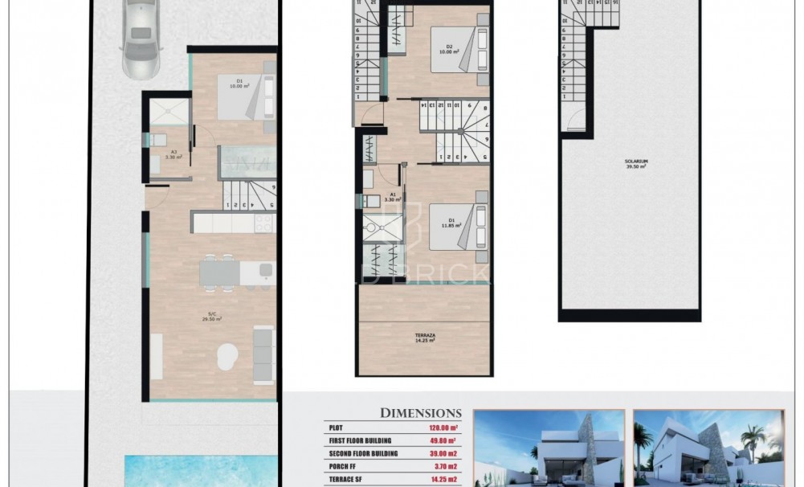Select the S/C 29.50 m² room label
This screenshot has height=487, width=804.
[x=212, y=317]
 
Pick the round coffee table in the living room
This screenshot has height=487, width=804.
[x=227, y=352]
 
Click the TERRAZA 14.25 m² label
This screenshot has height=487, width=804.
[x=424, y=338]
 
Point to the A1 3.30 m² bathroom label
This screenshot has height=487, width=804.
[x=393, y=197]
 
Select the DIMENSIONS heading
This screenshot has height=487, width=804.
[x=420, y=413]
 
